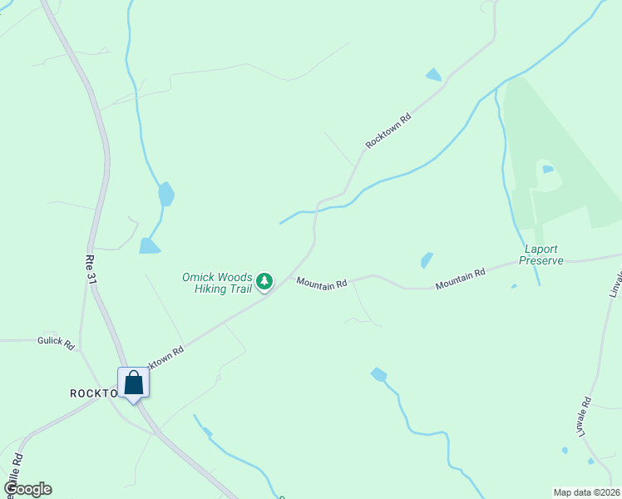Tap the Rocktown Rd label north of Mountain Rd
coord(389,131)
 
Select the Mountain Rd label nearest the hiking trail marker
coord(321,284)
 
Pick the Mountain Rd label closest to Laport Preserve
coord(460,279)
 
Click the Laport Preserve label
coord(541,254)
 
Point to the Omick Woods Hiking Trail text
coord(217,283)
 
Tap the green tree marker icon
coord(264,282)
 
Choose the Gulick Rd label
coord(56,341)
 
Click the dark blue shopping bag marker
coord(133,383)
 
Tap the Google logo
coord(27,489)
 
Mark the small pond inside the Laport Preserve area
coord(547,169)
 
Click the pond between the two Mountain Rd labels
coord(427,259)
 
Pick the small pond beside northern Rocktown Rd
coord(433,75)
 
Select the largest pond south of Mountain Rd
coord(379,374)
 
